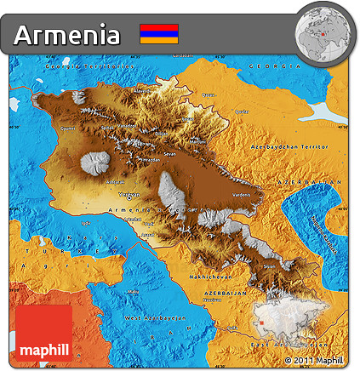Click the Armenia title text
[67, 34]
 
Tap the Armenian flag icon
[159, 34]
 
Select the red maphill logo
[43, 336]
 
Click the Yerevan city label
[129, 194]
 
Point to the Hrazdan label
[150, 159]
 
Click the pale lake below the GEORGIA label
[325, 111]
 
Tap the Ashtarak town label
[114, 181]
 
